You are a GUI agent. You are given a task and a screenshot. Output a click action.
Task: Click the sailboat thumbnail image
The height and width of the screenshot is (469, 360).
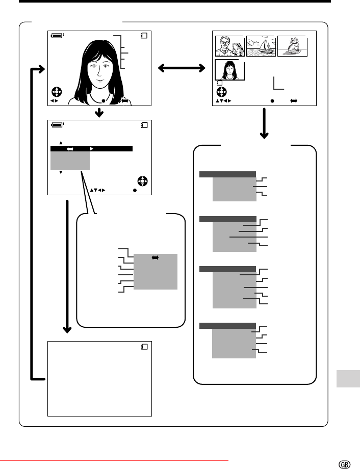click(261, 46)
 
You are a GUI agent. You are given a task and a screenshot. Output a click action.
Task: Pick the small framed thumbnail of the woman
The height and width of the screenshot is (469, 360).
click(229, 70)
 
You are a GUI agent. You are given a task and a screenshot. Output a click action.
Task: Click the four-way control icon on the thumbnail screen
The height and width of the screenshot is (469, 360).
click(222, 92)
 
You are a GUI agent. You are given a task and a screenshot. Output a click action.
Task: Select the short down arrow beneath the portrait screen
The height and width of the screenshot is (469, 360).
click(99, 113)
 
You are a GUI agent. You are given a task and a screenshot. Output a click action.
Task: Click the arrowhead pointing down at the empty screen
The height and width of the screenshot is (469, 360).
click(67, 330)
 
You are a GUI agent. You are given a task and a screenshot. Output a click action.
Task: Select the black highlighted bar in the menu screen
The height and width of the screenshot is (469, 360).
click(91, 148)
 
